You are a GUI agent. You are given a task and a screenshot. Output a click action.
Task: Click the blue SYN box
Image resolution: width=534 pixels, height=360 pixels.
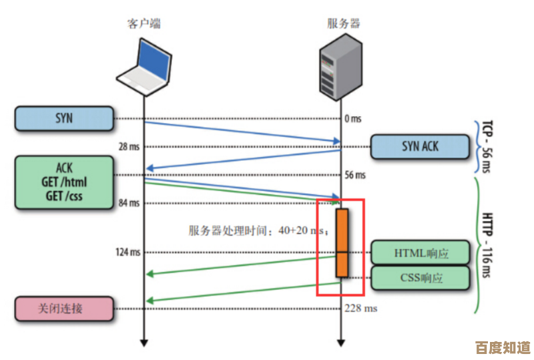pos(64,119)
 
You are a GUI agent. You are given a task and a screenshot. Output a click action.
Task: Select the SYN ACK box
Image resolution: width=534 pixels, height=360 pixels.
pos(420,147)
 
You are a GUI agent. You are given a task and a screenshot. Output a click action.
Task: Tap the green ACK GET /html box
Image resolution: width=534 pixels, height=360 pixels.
pos(64,182)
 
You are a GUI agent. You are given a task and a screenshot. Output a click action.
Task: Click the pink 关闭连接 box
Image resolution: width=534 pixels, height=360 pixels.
pos(64,309)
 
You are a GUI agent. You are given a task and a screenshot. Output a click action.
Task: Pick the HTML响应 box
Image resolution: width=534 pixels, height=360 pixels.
pos(421,253)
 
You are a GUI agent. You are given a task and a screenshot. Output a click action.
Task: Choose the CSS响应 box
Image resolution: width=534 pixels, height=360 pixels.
pos(421,278)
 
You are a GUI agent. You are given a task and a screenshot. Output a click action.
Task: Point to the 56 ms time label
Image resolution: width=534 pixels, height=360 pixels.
pos(355,175)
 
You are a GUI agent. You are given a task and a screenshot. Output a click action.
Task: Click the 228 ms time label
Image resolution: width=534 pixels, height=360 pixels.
pos(360,309)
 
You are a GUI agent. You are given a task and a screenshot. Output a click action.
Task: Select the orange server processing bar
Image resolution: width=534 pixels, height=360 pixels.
pos(342,242)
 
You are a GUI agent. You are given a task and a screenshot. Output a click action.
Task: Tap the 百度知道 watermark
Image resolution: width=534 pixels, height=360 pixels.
pos(502,347)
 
